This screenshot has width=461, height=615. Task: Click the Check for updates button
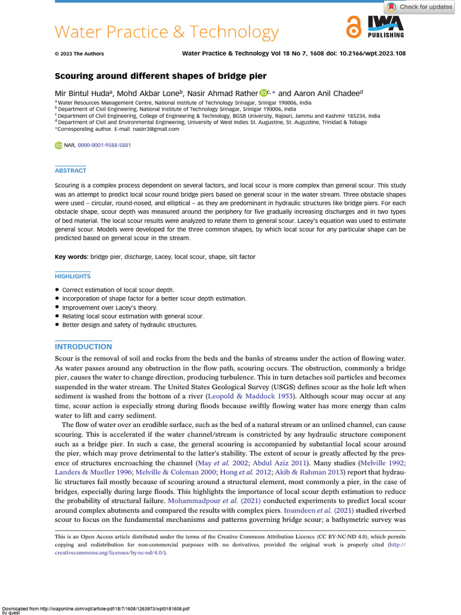420,7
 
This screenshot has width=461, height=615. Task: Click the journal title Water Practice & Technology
167,32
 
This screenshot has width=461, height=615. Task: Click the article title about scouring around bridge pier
160,76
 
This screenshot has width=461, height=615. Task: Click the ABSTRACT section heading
70,171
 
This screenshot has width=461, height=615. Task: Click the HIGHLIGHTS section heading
73,276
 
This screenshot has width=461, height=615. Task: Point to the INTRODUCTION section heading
83,347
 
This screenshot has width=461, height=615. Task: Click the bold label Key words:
71,256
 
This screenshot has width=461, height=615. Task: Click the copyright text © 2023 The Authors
79,53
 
